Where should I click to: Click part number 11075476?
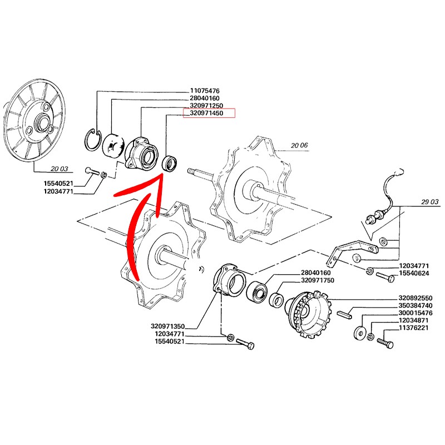(x=205, y=91)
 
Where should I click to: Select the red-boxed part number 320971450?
(x=206, y=113)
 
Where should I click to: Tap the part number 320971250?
(x=206, y=106)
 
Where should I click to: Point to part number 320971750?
(x=317, y=280)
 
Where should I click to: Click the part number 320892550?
(x=416, y=298)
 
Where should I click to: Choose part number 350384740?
(x=416, y=305)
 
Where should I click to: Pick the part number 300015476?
(x=416, y=313)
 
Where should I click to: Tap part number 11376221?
(x=414, y=328)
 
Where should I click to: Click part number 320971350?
(x=168, y=327)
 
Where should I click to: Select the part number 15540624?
(x=414, y=273)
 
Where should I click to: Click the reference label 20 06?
(x=299, y=146)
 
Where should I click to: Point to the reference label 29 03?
(x=429, y=202)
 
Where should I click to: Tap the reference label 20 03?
(x=60, y=169)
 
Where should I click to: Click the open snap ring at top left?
(x=93, y=140)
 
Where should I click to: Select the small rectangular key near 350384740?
(x=345, y=314)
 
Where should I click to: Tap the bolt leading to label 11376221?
(x=385, y=342)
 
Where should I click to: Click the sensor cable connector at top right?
(x=399, y=172)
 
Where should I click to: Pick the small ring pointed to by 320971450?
(x=169, y=163)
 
